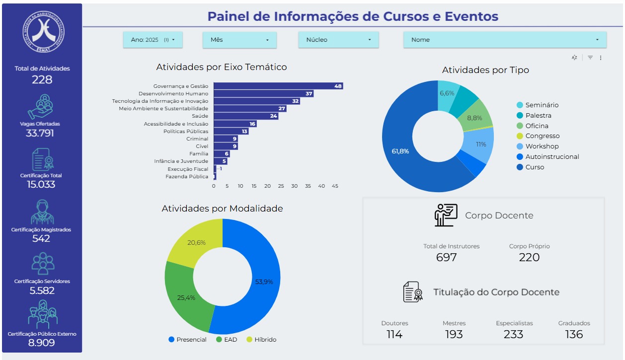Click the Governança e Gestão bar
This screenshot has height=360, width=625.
[x=278, y=86]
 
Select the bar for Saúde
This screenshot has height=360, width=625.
[x=245, y=116]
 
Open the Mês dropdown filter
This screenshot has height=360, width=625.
[x=239, y=40]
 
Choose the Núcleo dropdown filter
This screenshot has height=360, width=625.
[x=338, y=40]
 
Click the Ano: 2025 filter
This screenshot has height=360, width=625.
[x=153, y=40]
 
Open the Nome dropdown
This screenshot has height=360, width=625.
[x=505, y=40]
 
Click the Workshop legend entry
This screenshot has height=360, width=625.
[x=542, y=146]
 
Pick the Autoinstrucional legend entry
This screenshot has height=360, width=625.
[x=552, y=157]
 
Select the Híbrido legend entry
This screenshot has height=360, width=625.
[x=265, y=340]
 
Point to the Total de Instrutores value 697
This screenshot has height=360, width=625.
[x=446, y=257]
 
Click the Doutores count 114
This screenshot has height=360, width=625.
[x=394, y=334]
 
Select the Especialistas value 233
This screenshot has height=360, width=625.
[x=514, y=334]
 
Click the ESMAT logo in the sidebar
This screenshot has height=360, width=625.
[x=42, y=30]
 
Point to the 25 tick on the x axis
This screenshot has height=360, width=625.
[x=281, y=186]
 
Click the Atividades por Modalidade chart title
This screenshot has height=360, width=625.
[x=222, y=209]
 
